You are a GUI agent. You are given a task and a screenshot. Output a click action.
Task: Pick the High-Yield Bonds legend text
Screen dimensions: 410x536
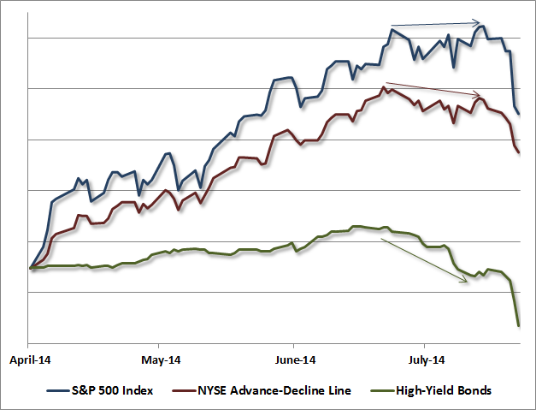[444, 390]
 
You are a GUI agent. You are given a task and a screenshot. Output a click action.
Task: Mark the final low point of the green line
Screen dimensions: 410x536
[519, 325]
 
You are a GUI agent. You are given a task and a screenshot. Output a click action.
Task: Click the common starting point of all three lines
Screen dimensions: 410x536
[31, 268]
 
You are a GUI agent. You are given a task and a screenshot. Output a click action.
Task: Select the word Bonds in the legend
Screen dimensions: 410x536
[474, 390]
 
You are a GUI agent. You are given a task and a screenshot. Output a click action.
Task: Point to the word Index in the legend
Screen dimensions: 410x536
[138, 390]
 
